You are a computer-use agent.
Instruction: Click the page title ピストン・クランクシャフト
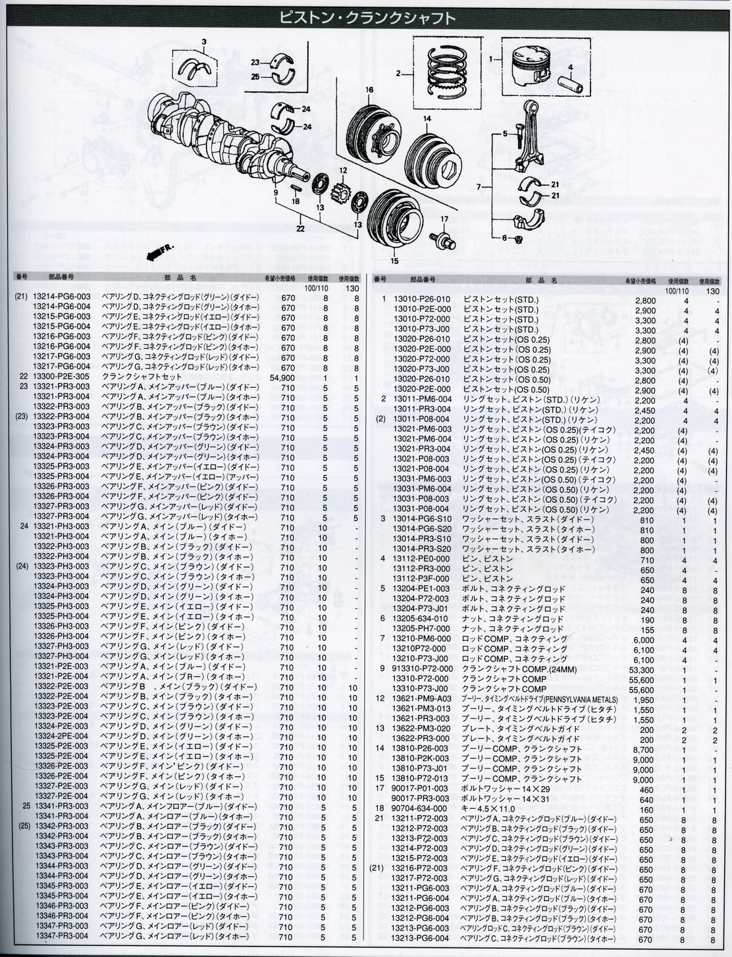[x=367, y=17]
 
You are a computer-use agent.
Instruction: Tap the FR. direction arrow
[x=160, y=253]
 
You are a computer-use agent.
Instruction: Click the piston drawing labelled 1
[x=533, y=67]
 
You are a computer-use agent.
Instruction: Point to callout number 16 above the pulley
[x=369, y=90]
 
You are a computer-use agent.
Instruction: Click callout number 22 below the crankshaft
[x=301, y=228]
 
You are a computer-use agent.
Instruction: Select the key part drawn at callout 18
[x=295, y=187]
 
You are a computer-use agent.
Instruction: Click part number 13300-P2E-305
[x=61, y=376]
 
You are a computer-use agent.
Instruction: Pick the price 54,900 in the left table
[x=283, y=377]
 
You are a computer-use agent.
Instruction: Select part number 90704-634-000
[x=420, y=810]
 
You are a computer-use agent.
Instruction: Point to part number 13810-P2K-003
[x=421, y=760]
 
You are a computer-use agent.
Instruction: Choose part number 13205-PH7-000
[x=421, y=630]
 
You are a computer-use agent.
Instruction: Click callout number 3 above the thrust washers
[x=203, y=42]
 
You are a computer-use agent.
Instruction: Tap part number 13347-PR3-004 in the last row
[x=61, y=936]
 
